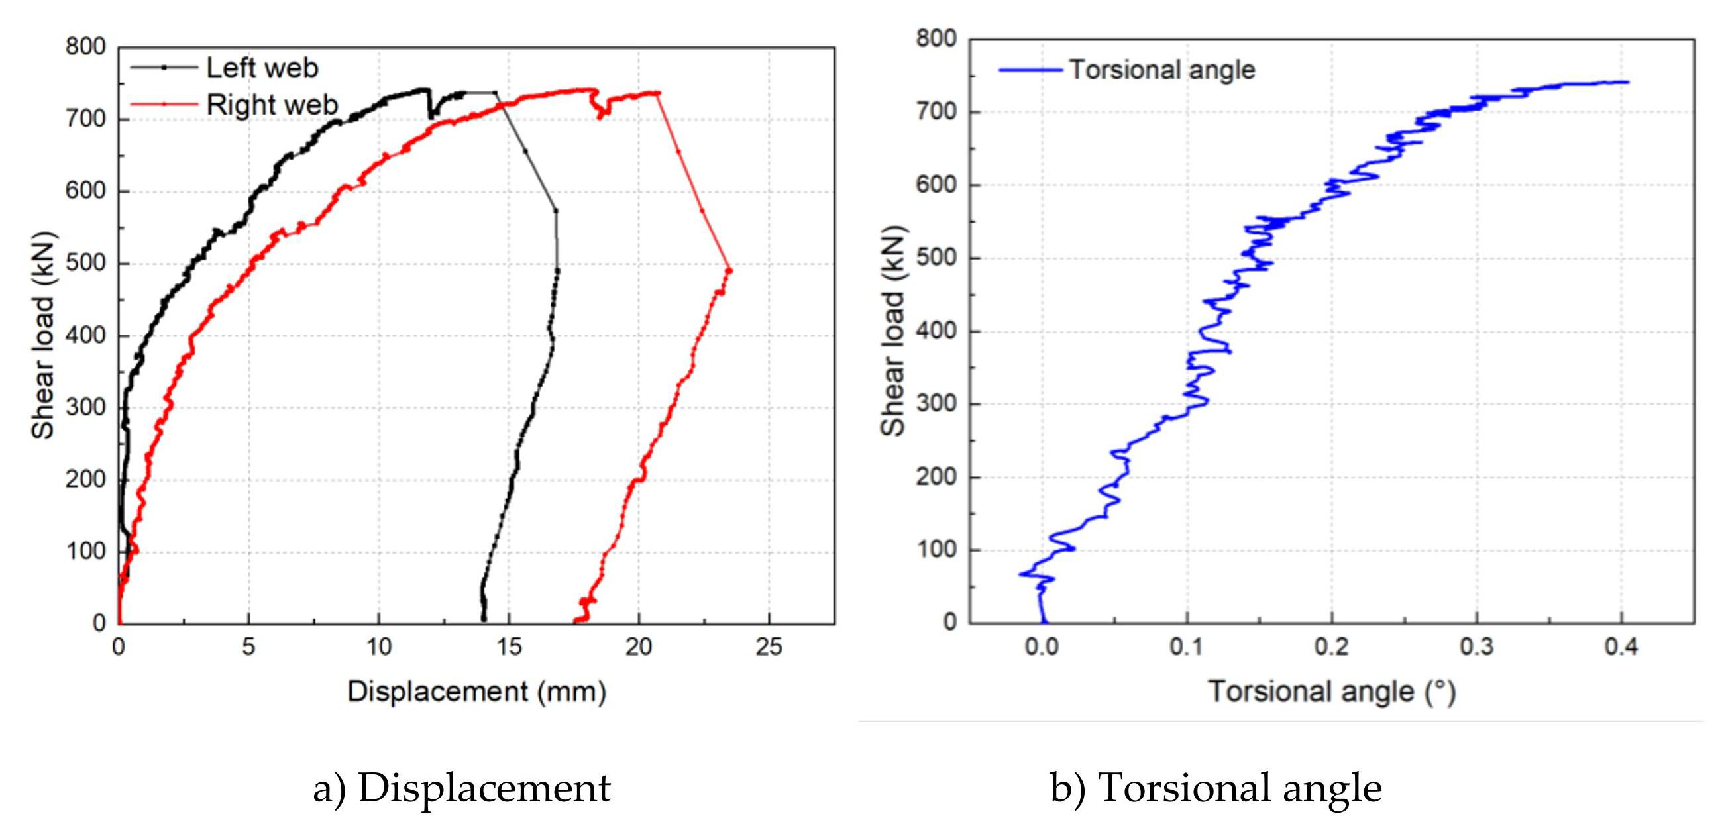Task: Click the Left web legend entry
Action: click(x=262, y=68)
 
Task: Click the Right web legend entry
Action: click(x=271, y=105)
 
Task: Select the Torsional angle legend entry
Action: click(x=1162, y=70)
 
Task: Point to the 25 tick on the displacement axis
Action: click(x=769, y=646)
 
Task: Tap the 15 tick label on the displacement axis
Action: click(x=509, y=646)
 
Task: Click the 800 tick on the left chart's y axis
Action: click(x=85, y=48)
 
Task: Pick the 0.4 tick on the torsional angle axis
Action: click(x=1621, y=646)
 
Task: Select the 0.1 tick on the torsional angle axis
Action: click(x=1187, y=646)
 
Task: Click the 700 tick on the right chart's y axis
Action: click(x=937, y=112)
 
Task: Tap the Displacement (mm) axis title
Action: click(x=476, y=692)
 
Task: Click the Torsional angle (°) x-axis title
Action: click(x=1332, y=692)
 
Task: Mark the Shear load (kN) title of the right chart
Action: click(x=892, y=331)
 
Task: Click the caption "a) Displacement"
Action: click(x=462, y=788)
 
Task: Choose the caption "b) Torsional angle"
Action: click(x=1215, y=788)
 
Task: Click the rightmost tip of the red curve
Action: click(x=730, y=271)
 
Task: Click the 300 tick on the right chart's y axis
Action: click(x=937, y=404)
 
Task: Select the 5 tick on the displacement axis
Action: click(x=248, y=646)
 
